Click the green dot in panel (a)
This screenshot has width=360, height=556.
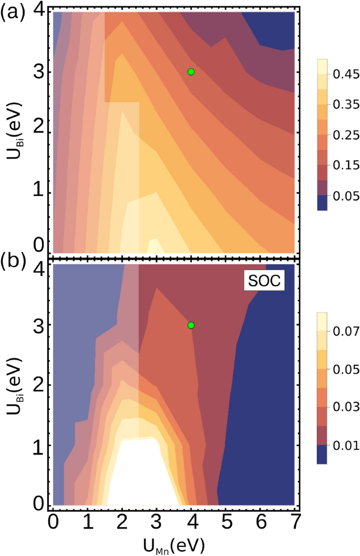(191, 72)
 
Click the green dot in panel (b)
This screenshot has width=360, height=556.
(191, 325)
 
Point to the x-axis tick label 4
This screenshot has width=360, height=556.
(191, 521)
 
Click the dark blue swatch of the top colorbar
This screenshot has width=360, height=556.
(322, 204)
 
